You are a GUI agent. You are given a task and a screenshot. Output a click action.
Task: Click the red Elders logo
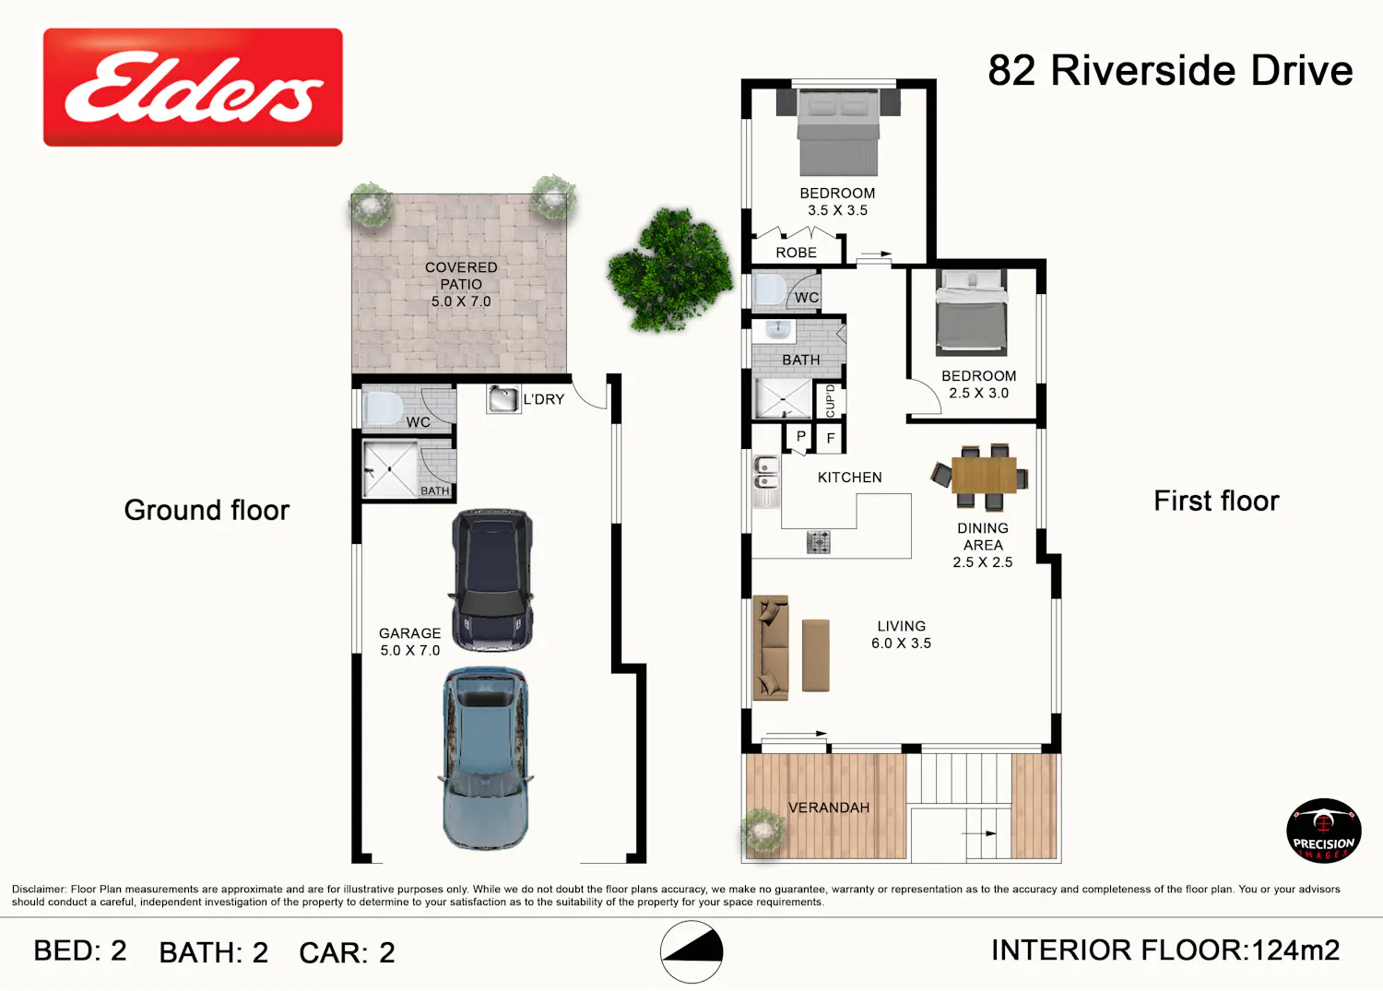[193, 87]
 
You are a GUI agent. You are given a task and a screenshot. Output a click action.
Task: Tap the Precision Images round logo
[1323, 831]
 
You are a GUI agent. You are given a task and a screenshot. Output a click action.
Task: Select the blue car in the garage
[486, 759]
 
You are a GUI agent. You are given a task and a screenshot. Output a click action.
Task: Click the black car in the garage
[491, 581]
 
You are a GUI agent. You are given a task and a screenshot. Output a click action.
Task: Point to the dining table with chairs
[980, 476]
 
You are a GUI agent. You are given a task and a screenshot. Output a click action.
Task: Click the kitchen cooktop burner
[818, 541]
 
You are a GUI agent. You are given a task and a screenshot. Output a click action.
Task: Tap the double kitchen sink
[766, 481]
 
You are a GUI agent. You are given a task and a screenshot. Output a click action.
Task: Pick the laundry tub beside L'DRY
[502, 398]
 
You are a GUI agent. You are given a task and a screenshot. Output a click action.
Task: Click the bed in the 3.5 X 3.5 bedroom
[838, 133]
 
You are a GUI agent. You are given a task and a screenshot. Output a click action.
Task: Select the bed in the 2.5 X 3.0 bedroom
[971, 313]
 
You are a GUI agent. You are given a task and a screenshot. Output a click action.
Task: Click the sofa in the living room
[771, 648]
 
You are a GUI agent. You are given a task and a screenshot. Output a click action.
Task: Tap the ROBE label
[796, 253]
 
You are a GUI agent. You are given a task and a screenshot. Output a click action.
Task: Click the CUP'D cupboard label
[830, 400]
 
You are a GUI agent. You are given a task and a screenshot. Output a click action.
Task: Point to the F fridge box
[831, 438]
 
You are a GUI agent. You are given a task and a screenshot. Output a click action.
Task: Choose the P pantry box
[800, 437]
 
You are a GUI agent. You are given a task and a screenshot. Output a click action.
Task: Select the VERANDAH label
[829, 808]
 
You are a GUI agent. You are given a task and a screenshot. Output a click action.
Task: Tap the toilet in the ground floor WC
[384, 407]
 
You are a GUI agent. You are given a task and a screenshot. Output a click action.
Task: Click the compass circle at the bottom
[691, 951]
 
